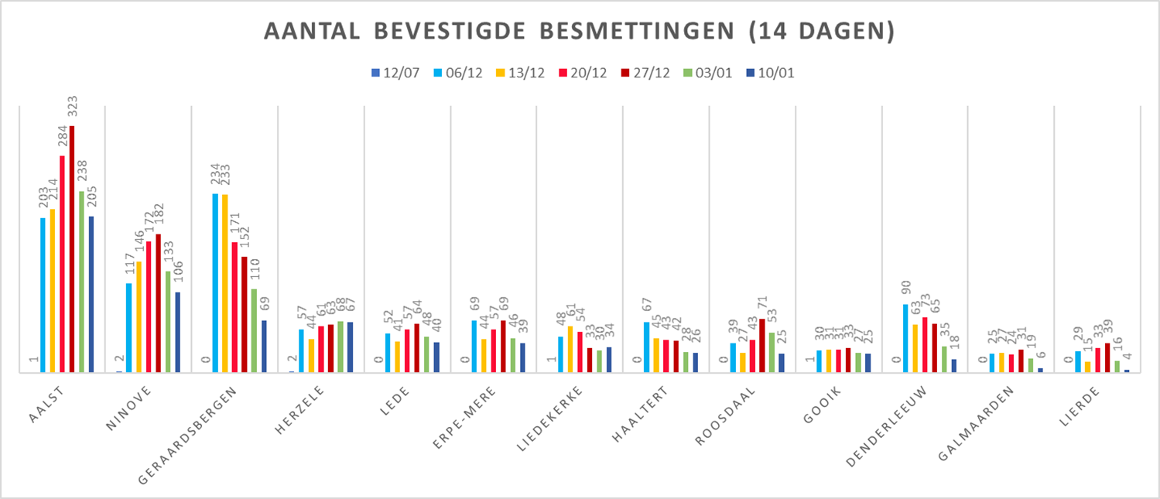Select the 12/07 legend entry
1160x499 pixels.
coord(395,73)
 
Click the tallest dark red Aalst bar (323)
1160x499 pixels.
coord(72,248)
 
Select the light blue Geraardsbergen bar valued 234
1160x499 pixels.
coord(216,282)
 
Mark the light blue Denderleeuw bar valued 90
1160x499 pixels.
coord(906,338)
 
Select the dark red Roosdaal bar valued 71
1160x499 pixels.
coord(761,345)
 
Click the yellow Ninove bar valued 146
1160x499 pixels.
coord(139,316)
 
